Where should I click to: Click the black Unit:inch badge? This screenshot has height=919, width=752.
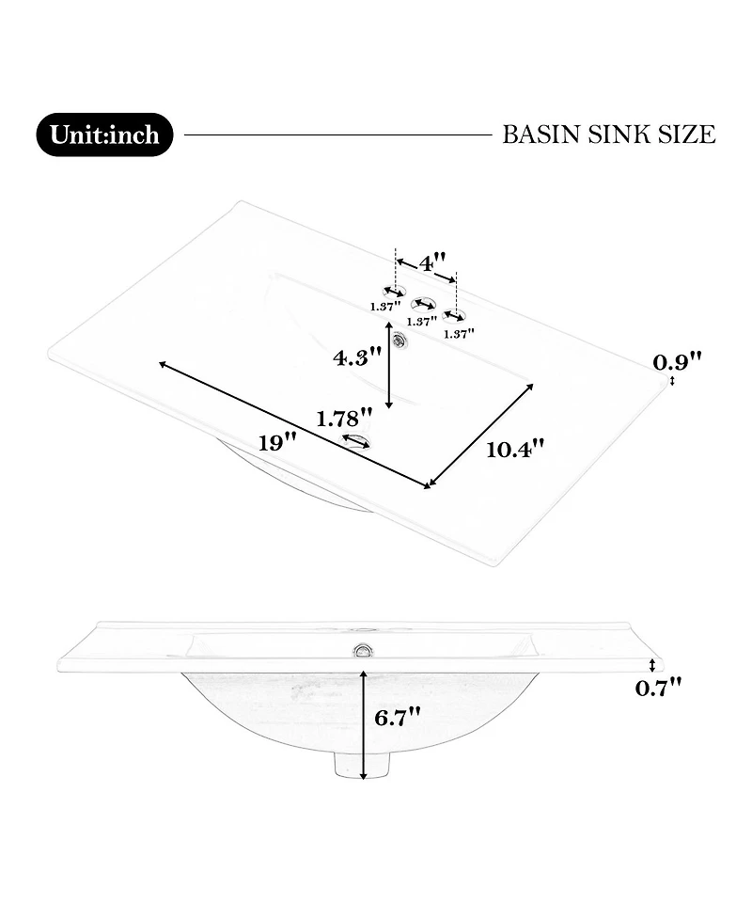105,135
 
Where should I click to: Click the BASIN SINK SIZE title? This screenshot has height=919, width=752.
609,135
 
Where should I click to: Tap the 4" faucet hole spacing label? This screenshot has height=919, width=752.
432,262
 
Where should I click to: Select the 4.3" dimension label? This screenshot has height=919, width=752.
357,357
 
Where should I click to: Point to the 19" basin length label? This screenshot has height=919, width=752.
277,442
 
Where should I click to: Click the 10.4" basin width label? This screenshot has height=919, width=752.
515,450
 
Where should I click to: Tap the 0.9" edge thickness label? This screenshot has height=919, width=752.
677,361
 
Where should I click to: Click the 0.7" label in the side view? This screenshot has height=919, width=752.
659,687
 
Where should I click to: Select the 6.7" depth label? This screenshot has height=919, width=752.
398,717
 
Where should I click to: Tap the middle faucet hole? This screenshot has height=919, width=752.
423,304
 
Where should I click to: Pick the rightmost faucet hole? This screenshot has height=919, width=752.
453,317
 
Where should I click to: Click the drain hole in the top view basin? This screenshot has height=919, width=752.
356,441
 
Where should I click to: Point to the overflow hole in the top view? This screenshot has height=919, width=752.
401,340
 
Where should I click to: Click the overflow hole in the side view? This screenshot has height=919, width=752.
363,649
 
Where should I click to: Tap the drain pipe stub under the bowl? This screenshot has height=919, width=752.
363,764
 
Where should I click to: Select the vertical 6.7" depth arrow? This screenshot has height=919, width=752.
364,725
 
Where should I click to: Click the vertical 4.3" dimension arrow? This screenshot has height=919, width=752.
388,364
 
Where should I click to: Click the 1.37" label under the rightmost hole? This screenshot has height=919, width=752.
459,334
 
